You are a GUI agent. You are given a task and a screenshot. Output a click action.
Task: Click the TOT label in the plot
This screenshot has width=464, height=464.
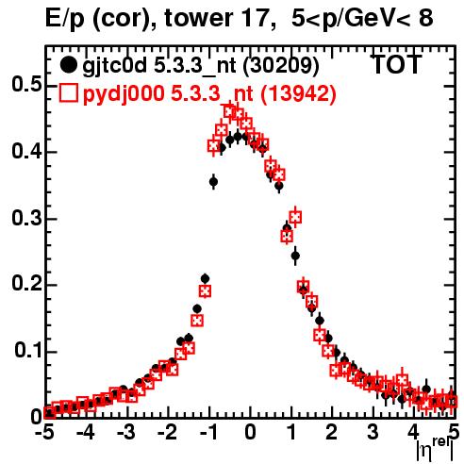coord(397,64)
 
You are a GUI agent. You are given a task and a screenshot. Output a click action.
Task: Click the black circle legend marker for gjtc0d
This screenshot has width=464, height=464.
coord(68,65)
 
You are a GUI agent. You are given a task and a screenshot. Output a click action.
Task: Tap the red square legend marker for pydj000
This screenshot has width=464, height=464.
coord(68,92)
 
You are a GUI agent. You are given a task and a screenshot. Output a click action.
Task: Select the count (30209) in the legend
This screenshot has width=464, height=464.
coord(281,66)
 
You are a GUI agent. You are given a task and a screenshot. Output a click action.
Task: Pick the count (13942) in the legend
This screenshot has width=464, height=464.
coord(298,93)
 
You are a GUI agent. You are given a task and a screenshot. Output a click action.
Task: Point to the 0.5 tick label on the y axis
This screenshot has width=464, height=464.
coord(26,84)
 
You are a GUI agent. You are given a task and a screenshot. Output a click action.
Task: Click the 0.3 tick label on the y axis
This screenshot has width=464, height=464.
coord(26,218)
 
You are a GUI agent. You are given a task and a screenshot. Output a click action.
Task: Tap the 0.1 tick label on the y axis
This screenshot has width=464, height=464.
coord(28,351)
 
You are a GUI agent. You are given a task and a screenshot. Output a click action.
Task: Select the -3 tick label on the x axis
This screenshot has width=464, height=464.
coord(125,432)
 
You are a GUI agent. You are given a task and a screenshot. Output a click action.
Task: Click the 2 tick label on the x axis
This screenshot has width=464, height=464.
coord(331,432)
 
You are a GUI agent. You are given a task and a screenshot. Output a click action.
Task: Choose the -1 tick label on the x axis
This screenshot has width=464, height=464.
coord(209,432)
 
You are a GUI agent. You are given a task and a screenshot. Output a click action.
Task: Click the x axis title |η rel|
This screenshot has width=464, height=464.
coord(435,449)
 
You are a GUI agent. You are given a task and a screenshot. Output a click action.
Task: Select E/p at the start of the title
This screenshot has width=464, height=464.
coord(65,19)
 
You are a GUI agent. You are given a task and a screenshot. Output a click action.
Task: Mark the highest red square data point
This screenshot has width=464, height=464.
coord(230,111)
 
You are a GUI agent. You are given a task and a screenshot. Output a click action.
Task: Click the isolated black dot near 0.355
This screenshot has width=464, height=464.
coord(214,182)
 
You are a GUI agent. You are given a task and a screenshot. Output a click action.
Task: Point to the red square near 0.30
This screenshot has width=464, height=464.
coord(295,217)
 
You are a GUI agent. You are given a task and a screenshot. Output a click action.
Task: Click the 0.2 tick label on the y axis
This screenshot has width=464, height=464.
coord(26,284)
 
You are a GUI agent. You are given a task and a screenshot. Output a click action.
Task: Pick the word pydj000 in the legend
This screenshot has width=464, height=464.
coord(124,93)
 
